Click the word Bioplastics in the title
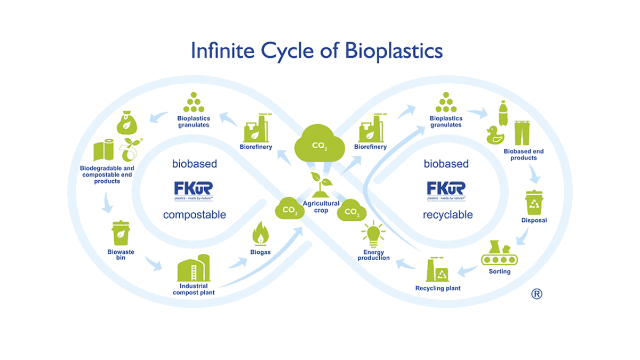pyautogui.click(x=394, y=51)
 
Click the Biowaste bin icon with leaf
pyautogui.click(x=121, y=234)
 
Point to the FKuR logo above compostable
pyautogui.click(x=194, y=190)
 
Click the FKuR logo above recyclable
pyautogui.click(x=446, y=190)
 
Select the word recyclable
pyautogui.click(x=447, y=215)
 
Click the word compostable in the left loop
pyautogui.click(x=194, y=215)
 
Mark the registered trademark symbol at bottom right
pyautogui.click(x=537, y=293)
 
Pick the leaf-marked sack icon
pyautogui.click(x=127, y=123)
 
